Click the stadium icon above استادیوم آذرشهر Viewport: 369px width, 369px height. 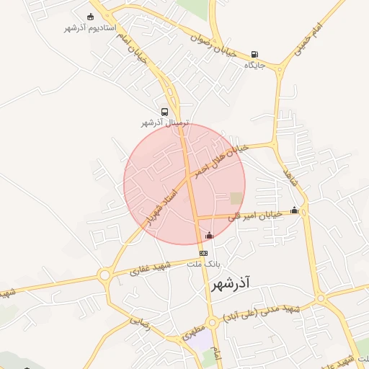(x=90, y=16)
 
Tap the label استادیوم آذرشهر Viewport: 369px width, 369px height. (x=90, y=27)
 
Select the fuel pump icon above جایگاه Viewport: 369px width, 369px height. (x=255, y=55)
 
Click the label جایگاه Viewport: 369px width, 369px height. (x=255, y=66)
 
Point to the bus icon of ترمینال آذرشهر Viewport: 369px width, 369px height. (x=165, y=112)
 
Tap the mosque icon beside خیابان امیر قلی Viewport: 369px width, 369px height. (x=294, y=210)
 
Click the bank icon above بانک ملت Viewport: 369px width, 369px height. (x=203, y=254)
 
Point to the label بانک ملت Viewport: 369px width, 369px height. (x=203, y=264)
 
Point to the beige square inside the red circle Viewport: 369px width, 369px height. (x=236, y=197)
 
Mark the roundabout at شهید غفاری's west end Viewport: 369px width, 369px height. (x=105, y=275)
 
